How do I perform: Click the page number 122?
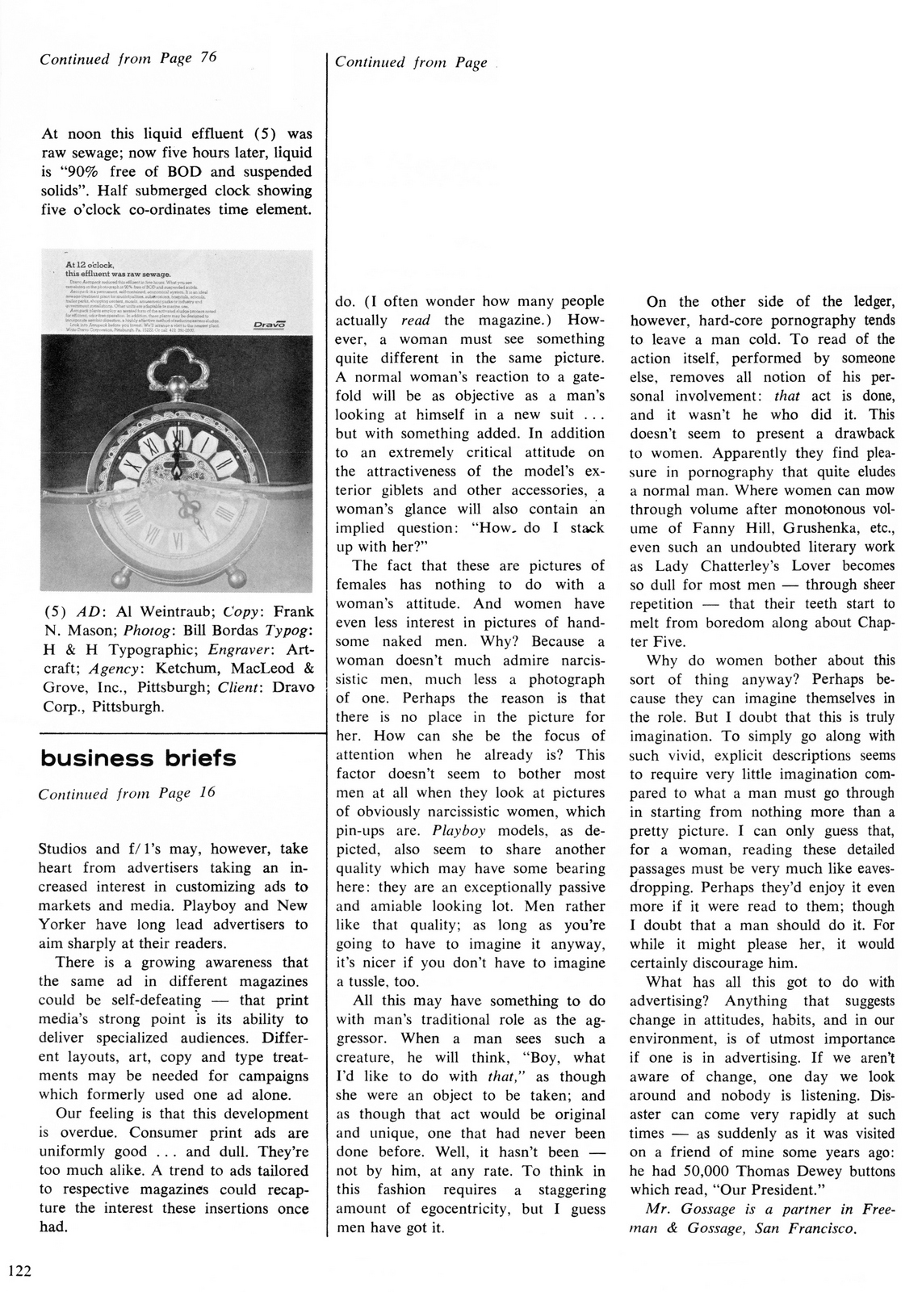point(19,1270)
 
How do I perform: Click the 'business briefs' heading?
point(138,758)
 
